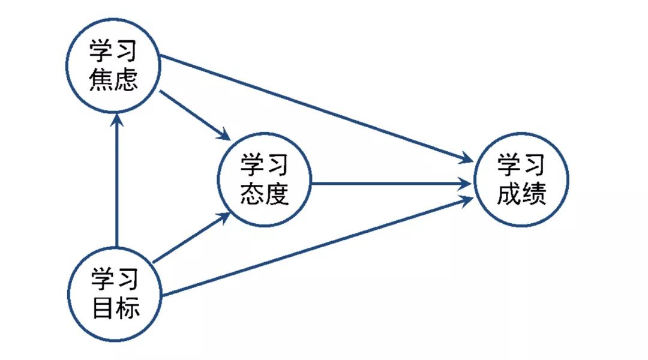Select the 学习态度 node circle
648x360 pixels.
265,179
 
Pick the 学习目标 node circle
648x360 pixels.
115,294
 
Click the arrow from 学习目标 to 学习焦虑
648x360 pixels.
117,180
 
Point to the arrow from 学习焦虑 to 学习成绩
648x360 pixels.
312,108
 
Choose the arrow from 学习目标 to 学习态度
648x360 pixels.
191,238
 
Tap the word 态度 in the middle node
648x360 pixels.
265,194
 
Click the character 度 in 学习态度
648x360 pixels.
277,194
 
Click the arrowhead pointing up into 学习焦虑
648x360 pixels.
117,120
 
